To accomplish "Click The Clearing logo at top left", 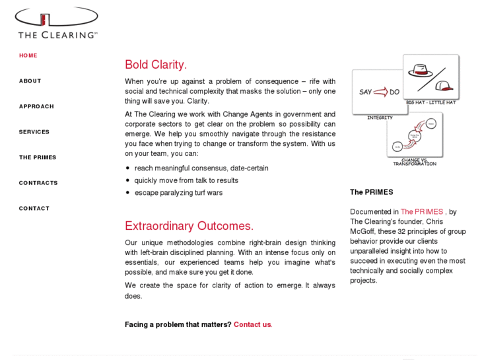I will pyautogui.click(x=57, y=23).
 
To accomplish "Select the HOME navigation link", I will pyautogui.click(x=28, y=55).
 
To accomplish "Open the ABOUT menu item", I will pyautogui.click(x=30, y=81).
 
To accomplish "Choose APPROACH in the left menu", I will pyautogui.click(x=36, y=106).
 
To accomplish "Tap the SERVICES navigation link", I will pyautogui.click(x=34, y=132).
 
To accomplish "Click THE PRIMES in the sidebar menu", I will pyautogui.click(x=38, y=157).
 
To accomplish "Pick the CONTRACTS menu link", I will pyautogui.click(x=38, y=183).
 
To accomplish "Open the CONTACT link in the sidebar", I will pyautogui.click(x=34, y=209).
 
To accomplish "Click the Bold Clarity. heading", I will pyautogui.click(x=156, y=65).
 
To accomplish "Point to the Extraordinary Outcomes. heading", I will pyautogui.click(x=189, y=226).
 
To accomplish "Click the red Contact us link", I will pyautogui.click(x=252, y=324).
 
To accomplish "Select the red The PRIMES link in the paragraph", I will pyautogui.click(x=421, y=212).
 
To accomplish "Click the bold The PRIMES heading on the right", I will pyautogui.click(x=371, y=192).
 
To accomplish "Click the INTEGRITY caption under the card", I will pyautogui.click(x=380, y=118).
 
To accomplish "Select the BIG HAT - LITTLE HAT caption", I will pyautogui.click(x=431, y=103).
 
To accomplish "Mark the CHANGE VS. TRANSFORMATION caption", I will pyautogui.click(x=415, y=162).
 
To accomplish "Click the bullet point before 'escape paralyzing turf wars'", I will pyautogui.click(x=127, y=193).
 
